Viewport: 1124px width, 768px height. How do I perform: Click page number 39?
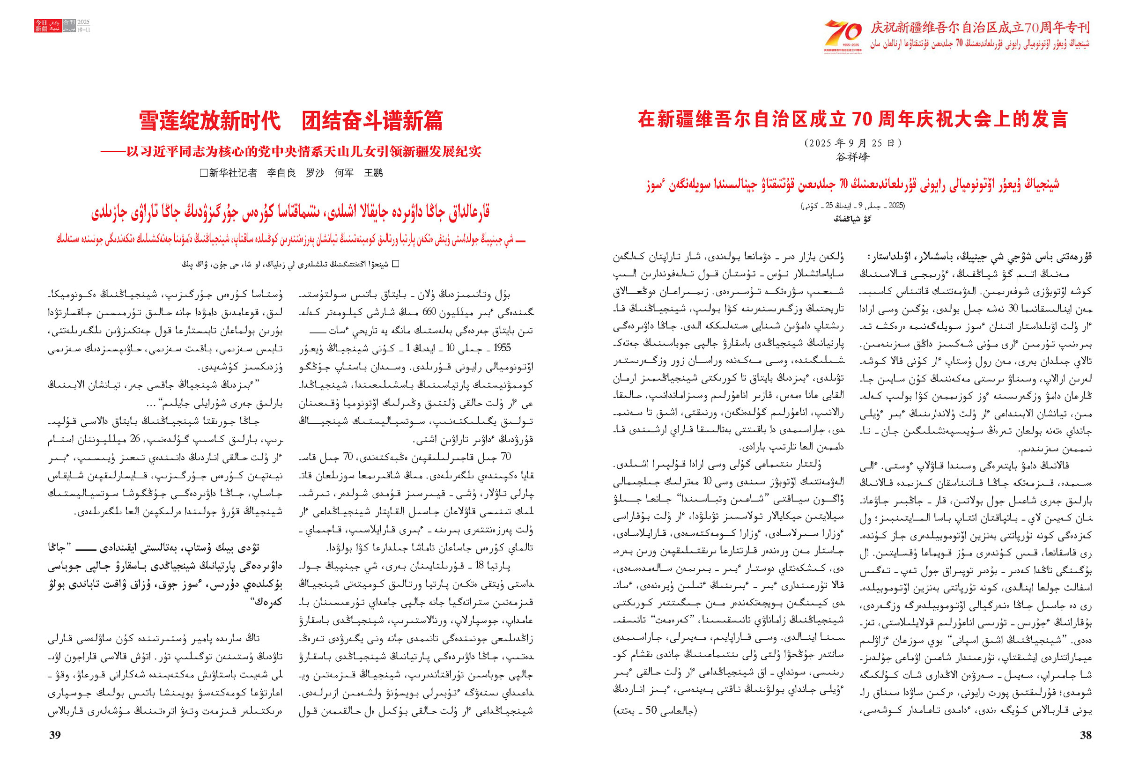point(55,735)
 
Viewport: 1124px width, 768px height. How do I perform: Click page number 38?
point(1086,735)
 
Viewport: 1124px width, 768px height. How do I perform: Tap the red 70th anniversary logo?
point(843,36)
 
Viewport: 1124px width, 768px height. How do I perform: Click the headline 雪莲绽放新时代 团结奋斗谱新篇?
point(291,120)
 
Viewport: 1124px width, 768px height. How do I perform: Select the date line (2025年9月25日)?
point(852,143)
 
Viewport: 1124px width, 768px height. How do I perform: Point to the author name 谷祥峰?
point(852,157)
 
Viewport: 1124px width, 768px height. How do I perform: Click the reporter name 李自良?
point(281,173)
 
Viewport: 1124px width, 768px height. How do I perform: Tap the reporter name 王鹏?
point(373,173)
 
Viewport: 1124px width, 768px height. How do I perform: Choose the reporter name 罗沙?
point(315,173)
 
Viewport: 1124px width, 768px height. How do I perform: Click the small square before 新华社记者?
point(204,173)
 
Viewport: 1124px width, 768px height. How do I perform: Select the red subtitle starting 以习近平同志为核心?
point(291,152)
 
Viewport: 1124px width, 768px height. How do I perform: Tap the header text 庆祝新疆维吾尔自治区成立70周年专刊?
point(980,28)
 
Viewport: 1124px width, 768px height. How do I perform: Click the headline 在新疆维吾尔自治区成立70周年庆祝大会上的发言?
point(852,119)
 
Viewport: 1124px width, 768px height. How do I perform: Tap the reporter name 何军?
point(344,173)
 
